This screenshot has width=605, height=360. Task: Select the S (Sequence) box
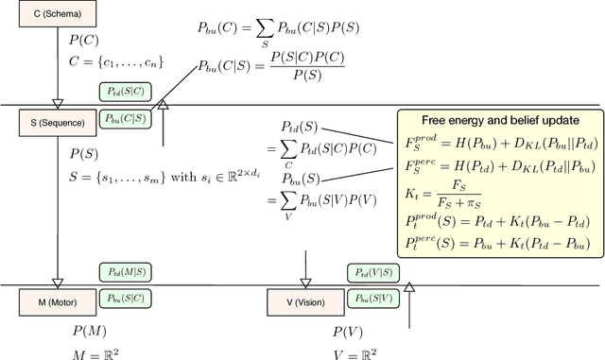54,122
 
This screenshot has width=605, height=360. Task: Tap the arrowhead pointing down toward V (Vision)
304,282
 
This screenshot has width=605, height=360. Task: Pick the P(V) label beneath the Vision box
349,332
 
